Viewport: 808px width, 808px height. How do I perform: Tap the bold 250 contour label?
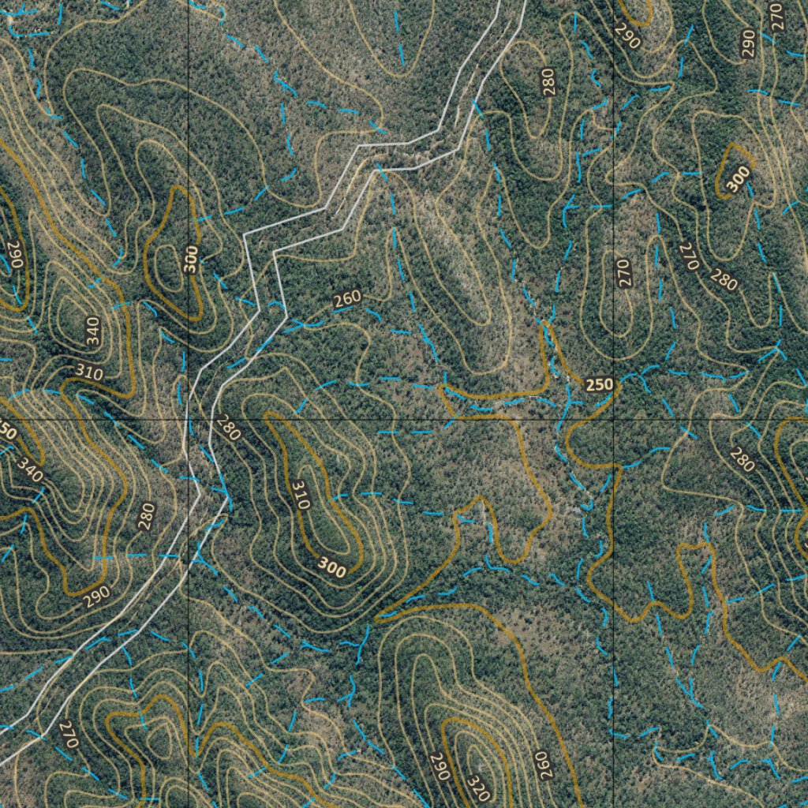(x=599, y=385)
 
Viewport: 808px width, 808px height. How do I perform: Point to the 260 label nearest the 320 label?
(x=545, y=765)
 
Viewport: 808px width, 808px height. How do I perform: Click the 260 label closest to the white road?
(x=347, y=299)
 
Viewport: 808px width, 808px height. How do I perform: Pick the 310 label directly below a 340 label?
(x=89, y=372)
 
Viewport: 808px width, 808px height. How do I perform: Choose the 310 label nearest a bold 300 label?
(x=300, y=494)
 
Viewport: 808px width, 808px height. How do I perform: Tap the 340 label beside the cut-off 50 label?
(x=30, y=471)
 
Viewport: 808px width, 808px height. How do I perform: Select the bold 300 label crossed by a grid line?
(x=190, y=259)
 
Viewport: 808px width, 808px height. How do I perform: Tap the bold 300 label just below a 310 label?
(x=331, y=567)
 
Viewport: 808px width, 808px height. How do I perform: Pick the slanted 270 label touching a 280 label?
(x=689, y=257)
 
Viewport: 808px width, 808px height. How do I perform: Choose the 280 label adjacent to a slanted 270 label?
(x=723, y=279)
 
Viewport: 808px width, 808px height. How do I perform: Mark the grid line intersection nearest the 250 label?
(x=615, y=420)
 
